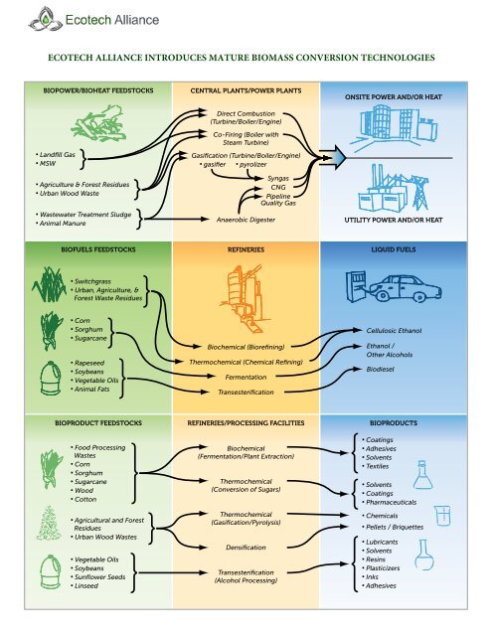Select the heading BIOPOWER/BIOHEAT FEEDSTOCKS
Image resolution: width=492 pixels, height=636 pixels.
[90, 90]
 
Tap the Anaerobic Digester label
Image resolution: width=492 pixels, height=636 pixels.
[244, 220]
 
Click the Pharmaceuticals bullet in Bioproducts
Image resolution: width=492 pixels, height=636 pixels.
[399, 504]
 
